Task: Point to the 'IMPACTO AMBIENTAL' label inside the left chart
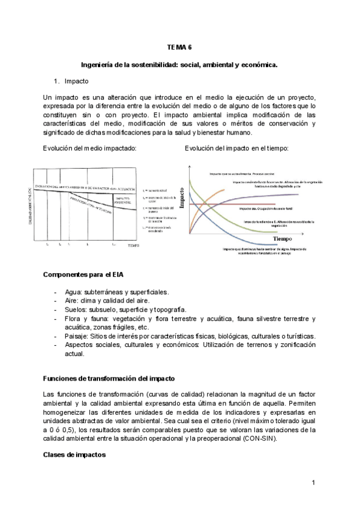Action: pos(124,200)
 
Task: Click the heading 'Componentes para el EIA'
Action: pos(83,274)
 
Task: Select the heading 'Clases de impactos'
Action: pos(74,455)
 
